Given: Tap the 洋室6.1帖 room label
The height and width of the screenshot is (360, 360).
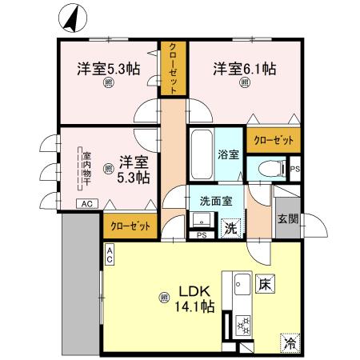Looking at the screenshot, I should [244, 70].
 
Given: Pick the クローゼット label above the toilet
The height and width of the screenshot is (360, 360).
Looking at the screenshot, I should [273, 140].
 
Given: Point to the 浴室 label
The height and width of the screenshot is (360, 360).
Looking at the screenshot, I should [228, 154].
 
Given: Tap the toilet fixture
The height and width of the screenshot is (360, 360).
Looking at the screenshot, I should [270, 169].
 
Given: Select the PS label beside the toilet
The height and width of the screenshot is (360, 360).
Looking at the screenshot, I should [294, 169].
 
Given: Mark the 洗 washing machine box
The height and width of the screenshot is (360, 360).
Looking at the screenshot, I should [230, 227].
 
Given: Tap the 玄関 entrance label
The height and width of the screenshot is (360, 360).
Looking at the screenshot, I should [287, 218].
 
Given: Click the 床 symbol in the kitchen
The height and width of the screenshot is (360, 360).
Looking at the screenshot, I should [265, 283].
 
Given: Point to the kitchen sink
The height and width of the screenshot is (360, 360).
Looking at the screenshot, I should [241, 286].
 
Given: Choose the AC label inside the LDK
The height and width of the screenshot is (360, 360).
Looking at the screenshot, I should [110, 254].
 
